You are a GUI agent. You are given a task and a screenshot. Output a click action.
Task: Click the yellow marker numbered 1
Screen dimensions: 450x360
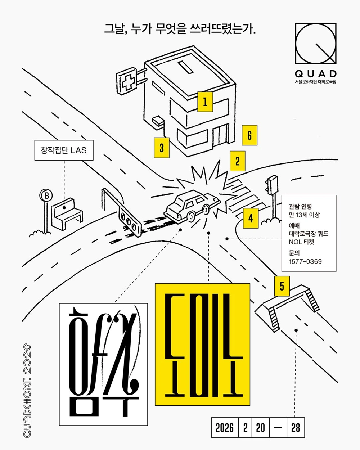(205, 102)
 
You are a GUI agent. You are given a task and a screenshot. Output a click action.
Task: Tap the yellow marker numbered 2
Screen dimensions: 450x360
(237, 161)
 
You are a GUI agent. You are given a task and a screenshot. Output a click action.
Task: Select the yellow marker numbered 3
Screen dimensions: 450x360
(162, 148)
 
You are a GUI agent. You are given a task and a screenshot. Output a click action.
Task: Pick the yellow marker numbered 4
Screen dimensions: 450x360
(251, 218)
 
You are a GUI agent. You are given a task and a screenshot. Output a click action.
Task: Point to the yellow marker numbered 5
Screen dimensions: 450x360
(282, 286)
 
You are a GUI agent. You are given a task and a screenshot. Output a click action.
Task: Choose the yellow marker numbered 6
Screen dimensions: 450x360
(249, 135)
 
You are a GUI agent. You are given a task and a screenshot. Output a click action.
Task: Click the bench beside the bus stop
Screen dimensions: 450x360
(67, 212)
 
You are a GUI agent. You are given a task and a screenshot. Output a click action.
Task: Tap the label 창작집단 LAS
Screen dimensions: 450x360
(64, 150)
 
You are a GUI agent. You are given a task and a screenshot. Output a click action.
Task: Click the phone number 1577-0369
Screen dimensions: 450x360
(305, 261)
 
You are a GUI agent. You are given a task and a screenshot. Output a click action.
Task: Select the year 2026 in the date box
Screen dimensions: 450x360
(225, 428)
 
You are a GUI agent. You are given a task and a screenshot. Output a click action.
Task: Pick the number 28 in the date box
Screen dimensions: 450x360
(296, 428)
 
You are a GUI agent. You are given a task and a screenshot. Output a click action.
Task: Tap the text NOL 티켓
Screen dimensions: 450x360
(302, 242)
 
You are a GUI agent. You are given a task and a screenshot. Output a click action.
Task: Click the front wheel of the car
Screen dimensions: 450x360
(191, 217)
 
